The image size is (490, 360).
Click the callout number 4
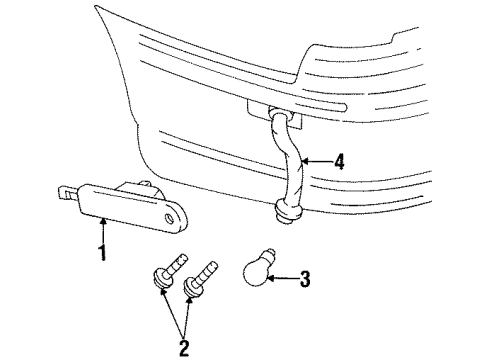(x=341, y=160)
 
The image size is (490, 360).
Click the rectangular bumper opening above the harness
(x=262, y=107)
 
